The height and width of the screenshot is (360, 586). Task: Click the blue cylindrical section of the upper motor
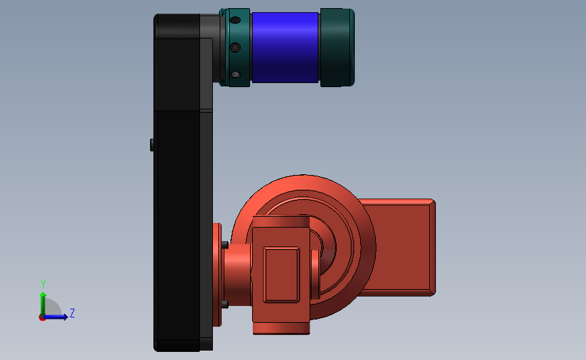coord(285,47)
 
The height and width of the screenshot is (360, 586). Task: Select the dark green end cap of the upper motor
coord(337,47)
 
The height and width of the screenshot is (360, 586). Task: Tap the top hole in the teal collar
coord(235,20)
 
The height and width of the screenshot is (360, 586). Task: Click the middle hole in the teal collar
coord(235,47)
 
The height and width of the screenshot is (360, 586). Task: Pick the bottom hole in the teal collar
coord(235,75)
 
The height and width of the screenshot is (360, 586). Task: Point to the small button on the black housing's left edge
coord(151,145)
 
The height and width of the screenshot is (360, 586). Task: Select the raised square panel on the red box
coord(281,274)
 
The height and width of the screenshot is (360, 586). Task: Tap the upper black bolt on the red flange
coord(225,245)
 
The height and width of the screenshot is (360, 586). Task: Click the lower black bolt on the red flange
coord(225,305)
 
